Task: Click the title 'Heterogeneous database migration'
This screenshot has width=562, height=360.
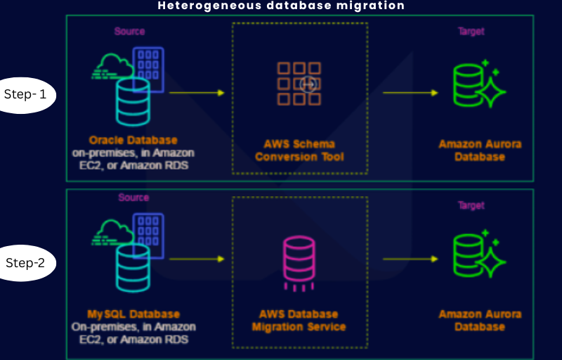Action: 281,6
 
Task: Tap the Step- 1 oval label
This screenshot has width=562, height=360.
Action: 25,94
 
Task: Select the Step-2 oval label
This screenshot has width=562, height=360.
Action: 25,263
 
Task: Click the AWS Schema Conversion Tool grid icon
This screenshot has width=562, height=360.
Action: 299,84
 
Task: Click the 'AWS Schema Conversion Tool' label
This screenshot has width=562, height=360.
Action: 299,150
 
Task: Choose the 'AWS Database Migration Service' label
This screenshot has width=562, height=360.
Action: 299,321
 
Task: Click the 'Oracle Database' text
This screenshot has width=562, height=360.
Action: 133,140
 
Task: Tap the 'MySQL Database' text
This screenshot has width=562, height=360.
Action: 133,314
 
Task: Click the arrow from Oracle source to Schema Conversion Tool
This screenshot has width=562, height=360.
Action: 196,93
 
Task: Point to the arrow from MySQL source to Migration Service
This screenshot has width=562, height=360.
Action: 196,259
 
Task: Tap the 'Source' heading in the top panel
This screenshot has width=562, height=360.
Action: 129,32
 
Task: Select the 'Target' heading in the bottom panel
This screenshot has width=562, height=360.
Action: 471,206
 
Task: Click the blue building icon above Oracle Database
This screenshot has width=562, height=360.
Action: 148,69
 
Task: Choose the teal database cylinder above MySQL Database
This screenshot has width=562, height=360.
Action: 133,269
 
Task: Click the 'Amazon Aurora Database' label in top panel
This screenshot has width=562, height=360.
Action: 480,150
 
